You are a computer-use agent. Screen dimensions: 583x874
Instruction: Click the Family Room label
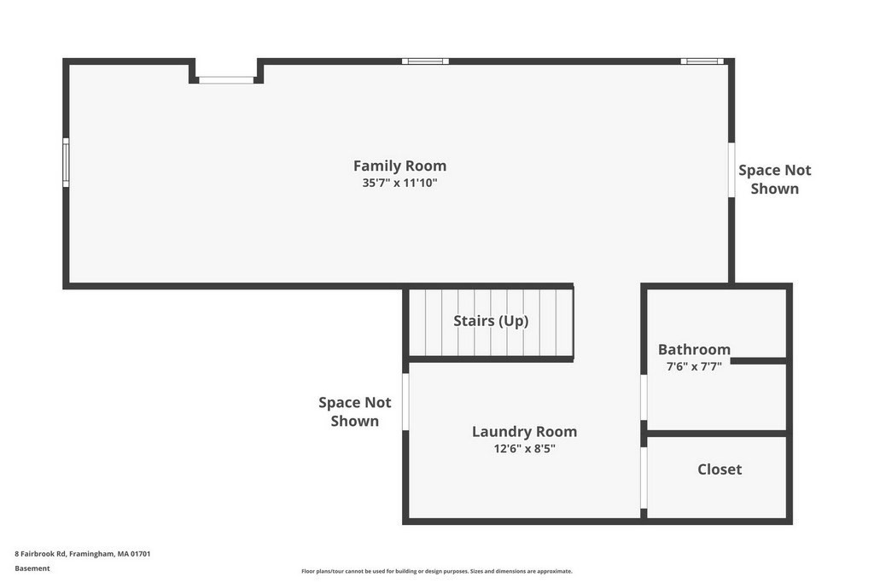pyautogui.click(x=399, y=166)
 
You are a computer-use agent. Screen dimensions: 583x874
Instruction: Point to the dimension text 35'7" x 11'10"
pyautogui.click(x=399, y=183)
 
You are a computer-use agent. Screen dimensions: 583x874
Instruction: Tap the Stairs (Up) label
pyautogui.click(x=491, y=321)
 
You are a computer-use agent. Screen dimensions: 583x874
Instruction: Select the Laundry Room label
pyautogui.click(x=524, y=431)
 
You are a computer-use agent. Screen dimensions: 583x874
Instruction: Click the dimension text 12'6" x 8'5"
pyautogui.click(x=524, y=448)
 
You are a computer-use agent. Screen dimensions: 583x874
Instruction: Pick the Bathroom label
pyautogui.click(x=694, y=349)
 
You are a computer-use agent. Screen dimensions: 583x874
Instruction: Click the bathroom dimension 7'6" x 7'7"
pyautogui.click(x=694, y=366)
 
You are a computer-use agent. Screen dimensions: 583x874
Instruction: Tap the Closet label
pyautogui.click(x=720, y=469)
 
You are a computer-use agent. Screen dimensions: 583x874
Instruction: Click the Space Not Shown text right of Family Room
pyautogui.click(x=774, y=179)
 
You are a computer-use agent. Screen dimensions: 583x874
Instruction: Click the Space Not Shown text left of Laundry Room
pyautogui.click(x=354, y=411)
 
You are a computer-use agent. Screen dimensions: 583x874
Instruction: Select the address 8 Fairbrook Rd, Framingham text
pyautogui.click(x=83, y=553)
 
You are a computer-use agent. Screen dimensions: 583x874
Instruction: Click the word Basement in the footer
pyautogui.click(x=32, y=568)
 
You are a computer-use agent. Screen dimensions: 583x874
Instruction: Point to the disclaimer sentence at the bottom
pyautogui.click(x=436, y=571)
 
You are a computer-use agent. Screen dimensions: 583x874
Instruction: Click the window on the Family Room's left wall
pyautogui.click(x=66, y=162)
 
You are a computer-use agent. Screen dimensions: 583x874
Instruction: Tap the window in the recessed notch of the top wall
pyautogui.click(x=226, y=80)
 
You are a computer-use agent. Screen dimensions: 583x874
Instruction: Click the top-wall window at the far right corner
pyautogui.click(x=702, y=61)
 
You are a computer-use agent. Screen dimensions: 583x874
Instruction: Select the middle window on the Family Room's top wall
pyautogui.click(x=425, y=61)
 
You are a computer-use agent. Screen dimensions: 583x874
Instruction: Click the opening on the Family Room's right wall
pyautogui.click(x=731, y=169)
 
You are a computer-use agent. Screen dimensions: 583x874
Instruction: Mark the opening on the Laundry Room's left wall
pyautogui.click(x=405, y=401)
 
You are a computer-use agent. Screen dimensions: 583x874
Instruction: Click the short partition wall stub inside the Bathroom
pyautogui.click(x=758, y=361)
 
